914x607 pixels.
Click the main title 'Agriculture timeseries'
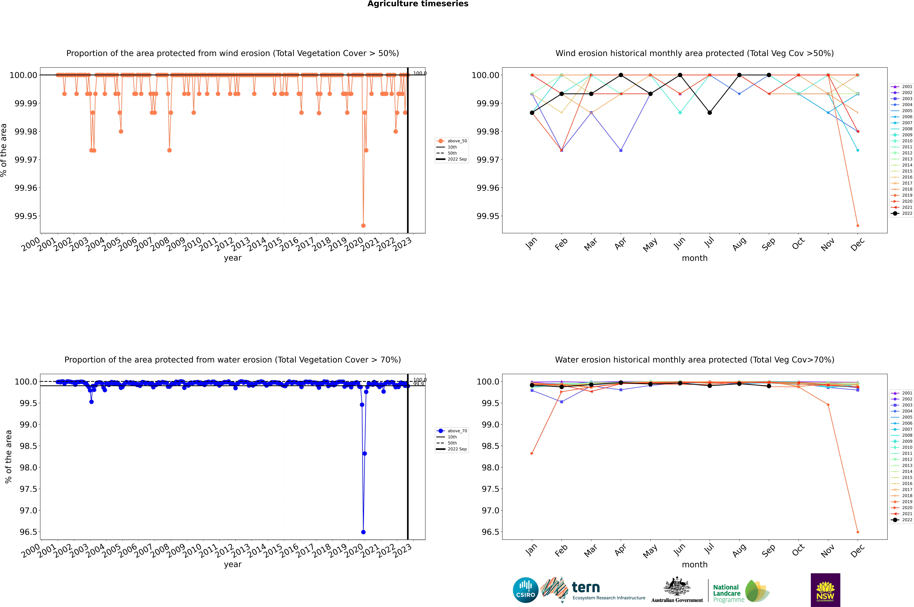pyautogui.click(x=418, y=4)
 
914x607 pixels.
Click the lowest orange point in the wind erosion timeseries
pyautogui.click(x=363, y=225)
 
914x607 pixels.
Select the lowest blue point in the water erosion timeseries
pyautogui.click(x=363, y=532)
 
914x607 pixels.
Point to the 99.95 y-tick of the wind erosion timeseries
pyautogui.click(x=26, y=216)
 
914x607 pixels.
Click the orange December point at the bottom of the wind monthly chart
pyautogui.click(x=857, y=225)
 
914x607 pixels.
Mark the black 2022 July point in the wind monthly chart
pyautogui.click(x=709, y=113)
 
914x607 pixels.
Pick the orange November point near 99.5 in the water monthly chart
pyautogui.click(x=828, y=405)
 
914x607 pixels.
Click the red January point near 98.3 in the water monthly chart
pyautogui.click(x=532, y=453)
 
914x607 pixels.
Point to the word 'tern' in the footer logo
pyautogui.click(x=586, y=587)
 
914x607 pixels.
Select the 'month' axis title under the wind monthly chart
pyautogui.click(x=694, y=258)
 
